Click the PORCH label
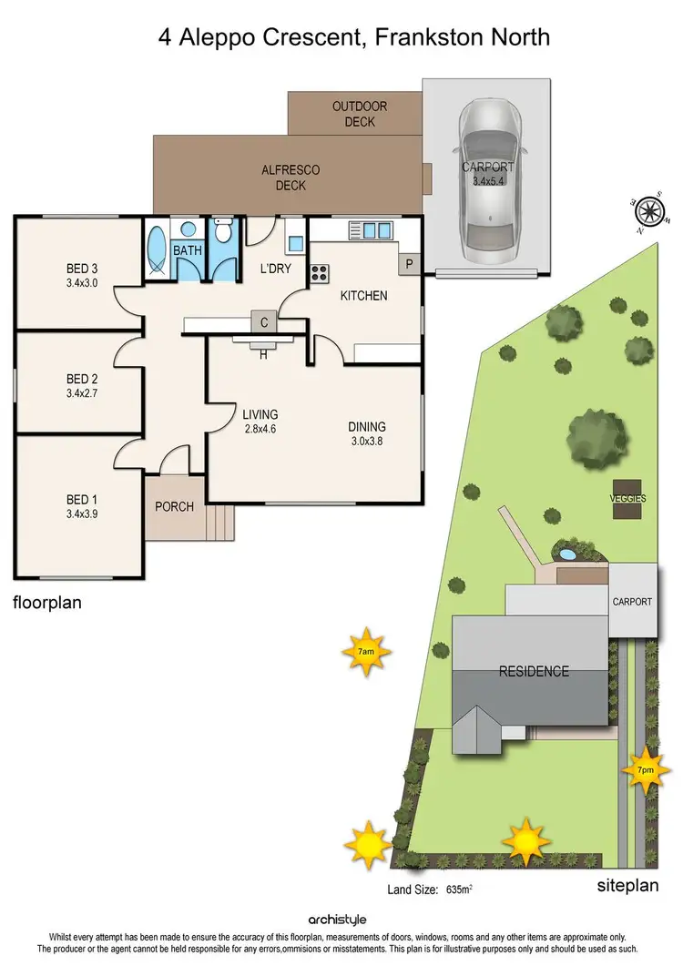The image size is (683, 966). (x=174, y=506)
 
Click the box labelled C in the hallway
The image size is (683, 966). (x=264, y=321)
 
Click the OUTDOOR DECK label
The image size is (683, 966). (x=359, y=114)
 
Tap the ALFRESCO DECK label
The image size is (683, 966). (x=290, y=178)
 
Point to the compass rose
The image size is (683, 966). (x=649, y=212)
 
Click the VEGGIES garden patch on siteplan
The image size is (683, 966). (x=627, y=500)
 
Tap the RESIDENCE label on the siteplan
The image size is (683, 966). (x=533, y=672)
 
